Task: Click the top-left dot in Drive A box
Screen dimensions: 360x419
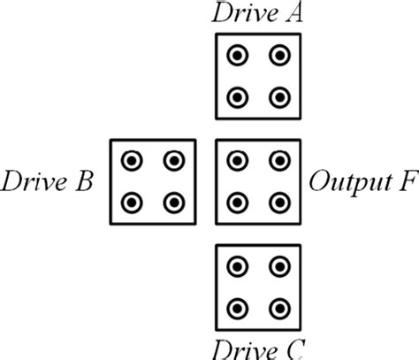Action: [x=237, y=56]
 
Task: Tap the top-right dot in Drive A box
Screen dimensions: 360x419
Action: [x=279, y=56]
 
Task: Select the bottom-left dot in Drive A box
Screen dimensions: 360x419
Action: [x=237, y=97]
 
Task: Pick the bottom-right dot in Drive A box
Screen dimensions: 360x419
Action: [x=279, y=97]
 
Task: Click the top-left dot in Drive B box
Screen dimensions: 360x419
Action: [x=132, y=161]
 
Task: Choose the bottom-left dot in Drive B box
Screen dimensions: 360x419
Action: [x=132, y=203]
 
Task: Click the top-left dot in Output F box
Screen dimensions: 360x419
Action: [x=237, y=161]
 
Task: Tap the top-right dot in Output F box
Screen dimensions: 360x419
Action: [x=279, y=161]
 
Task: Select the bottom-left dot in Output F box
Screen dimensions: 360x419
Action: [x=237, y=203]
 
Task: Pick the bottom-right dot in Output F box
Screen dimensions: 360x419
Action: [x=279, y=203]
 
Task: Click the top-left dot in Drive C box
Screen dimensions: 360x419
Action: [x=237, y=266]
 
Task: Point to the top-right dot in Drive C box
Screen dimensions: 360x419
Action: [x=279, y=266]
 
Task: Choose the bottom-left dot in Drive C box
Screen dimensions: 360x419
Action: [x=237, y=308]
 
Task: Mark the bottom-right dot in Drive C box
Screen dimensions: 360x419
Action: [x=279, y=308]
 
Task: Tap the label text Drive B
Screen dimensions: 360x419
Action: [x=48, y=182]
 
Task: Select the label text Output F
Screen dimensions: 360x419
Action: [x=362, y=182]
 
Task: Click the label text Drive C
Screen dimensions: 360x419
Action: [x=257, y=348]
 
